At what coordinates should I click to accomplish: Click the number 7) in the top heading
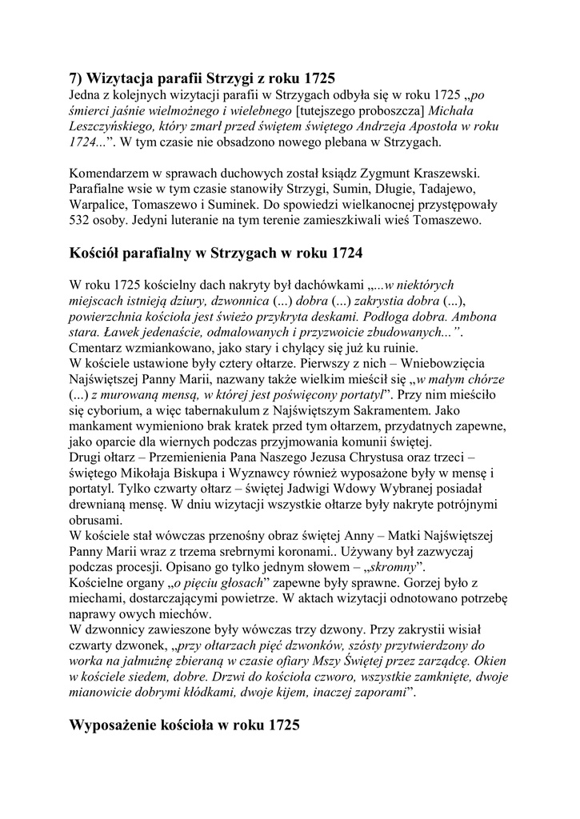pyautogui.click(x=77, y=78)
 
